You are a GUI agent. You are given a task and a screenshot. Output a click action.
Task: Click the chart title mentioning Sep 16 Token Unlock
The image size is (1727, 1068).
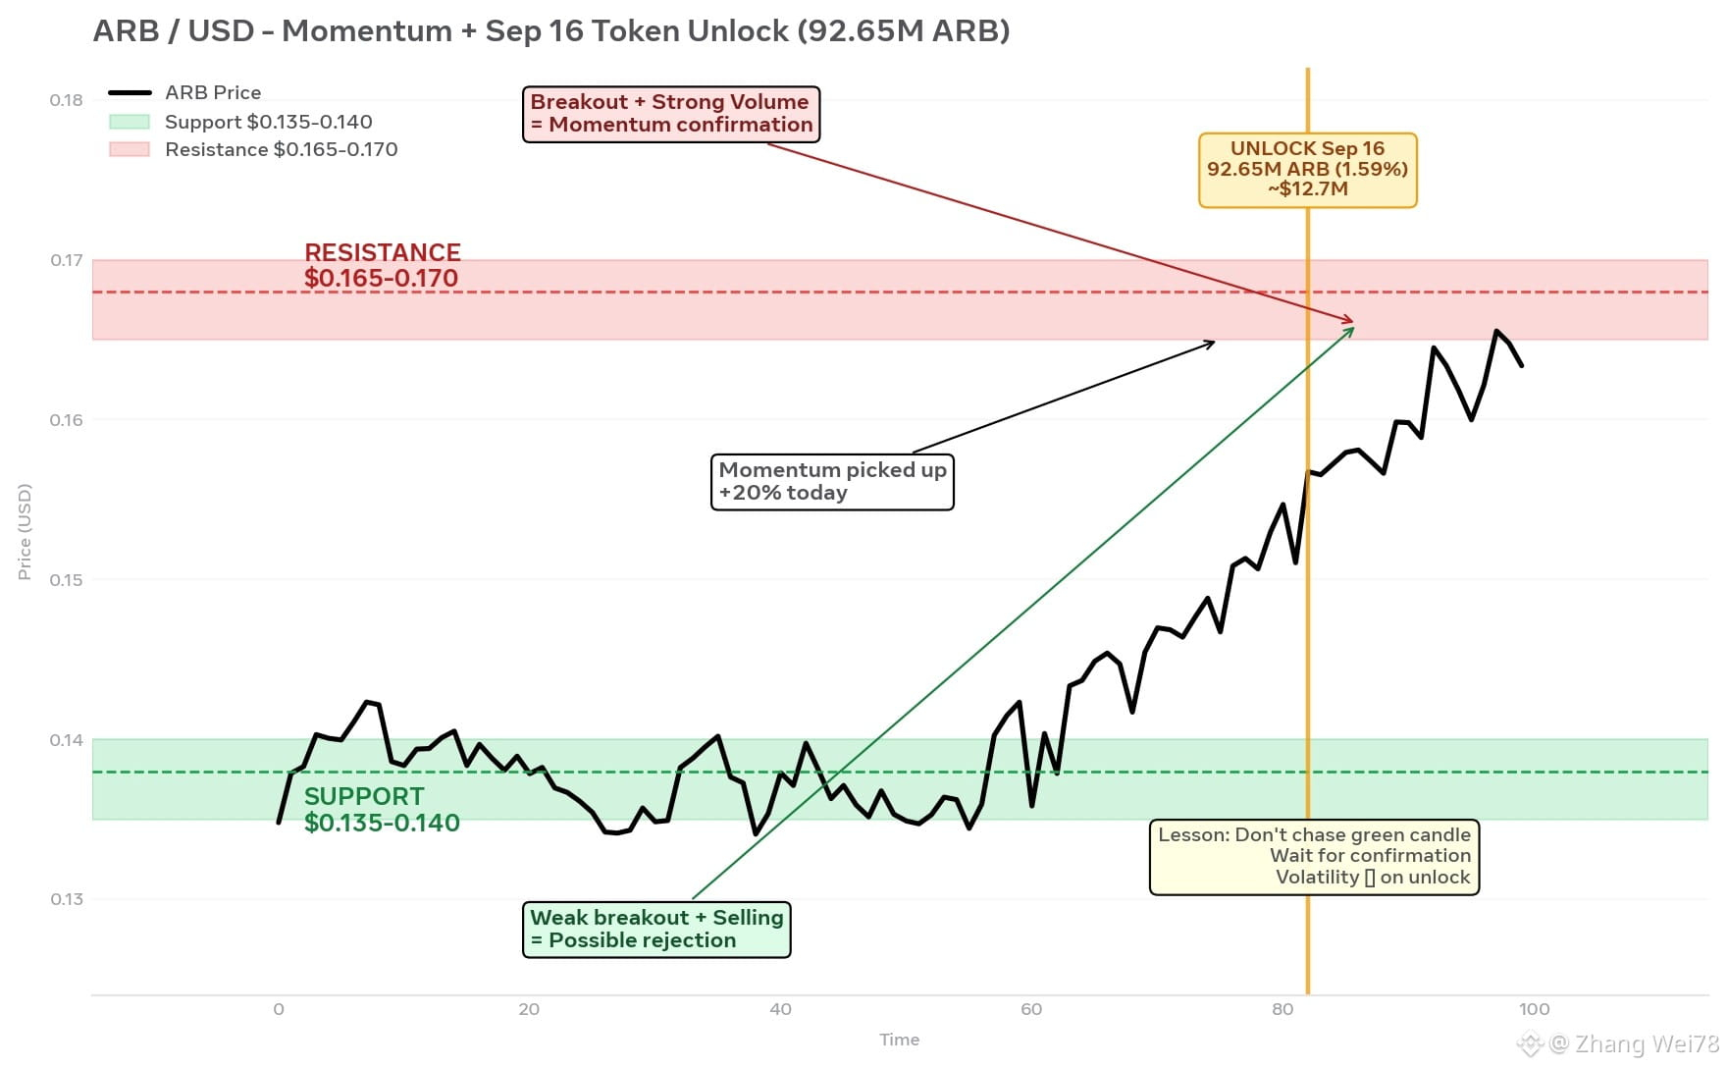(x=551, y=31)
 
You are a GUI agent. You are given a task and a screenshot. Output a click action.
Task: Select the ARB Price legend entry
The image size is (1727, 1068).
(x=184, y=92)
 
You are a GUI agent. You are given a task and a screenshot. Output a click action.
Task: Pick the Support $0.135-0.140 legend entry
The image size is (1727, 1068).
(x=240, y=122)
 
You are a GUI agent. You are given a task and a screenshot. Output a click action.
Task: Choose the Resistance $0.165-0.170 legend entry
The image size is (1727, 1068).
(x=253, y=149)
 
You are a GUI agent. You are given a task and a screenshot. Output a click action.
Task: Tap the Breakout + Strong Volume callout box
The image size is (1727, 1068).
(x=671, y=114)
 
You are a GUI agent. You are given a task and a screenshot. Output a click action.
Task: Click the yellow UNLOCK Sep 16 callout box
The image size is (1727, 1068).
(x=1308, y=170)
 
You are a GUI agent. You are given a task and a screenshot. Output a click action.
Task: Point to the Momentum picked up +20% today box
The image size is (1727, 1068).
(x=832, y=481)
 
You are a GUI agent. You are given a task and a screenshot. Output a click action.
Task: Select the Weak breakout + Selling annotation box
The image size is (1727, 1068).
(x=656, y=929)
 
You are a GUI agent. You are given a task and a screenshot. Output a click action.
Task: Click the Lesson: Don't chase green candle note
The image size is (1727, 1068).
(x=1314, y=857)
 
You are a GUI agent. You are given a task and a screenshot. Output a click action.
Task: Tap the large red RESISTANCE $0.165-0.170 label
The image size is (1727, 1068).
(x=382, y=266)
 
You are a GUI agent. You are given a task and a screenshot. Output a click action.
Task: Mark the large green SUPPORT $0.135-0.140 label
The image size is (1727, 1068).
(x=382, y=810)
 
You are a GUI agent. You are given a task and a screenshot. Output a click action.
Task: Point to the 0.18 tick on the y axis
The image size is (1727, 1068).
(x=67, y=100)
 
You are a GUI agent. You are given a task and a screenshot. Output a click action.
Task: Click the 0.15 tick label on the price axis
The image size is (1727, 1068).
(x=67, y=580)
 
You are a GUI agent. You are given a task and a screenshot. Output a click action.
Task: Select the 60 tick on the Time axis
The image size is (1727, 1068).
(x=1031, y=1009)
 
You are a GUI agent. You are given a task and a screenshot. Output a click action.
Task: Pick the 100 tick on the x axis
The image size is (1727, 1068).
(x=1534, y=1009)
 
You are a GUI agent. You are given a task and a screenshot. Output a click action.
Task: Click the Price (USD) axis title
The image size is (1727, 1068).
(x=25, y=531)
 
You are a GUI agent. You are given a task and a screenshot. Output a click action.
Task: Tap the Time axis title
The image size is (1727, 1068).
(x=900, y=1040)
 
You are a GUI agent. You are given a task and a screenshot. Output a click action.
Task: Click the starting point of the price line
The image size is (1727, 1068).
(x=279, y=823)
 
